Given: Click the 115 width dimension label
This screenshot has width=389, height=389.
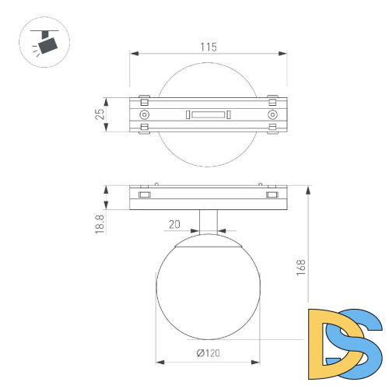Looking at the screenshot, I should point(208,47).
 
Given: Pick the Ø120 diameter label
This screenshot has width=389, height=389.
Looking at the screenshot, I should point(208,353).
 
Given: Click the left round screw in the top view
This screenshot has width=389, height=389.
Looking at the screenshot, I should point(143,115).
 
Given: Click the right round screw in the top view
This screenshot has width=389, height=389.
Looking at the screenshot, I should point(272,115).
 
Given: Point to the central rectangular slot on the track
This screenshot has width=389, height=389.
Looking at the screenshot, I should point(208,115).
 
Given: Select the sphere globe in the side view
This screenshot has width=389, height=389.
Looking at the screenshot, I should point(208,292).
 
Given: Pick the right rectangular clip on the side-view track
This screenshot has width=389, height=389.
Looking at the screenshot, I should point(272,194).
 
